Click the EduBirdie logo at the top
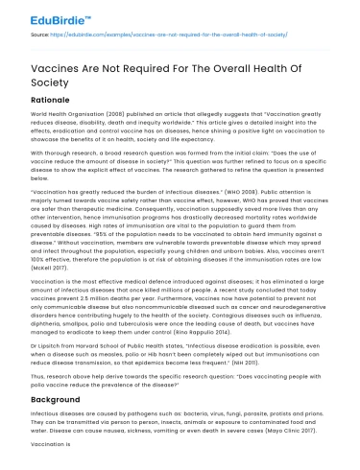pyautogui.click(x=50, y=16)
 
